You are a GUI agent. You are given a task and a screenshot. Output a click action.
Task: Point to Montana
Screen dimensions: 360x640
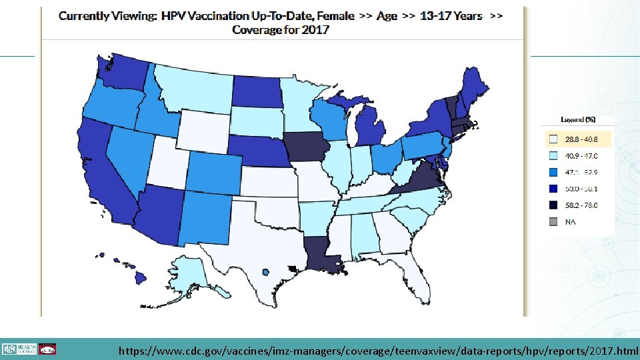(193, 90)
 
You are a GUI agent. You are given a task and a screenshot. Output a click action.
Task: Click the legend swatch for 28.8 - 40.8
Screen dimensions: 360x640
(552, 140)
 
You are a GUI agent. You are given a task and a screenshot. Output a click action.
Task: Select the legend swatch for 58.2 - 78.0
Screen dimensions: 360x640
(552, 205)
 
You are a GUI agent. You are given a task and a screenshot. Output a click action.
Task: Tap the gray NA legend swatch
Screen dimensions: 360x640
(552, 221)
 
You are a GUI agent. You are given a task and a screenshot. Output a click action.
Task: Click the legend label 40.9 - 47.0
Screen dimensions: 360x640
(581, 156)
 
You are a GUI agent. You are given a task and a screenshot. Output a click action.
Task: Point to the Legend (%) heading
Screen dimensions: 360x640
(577, 120)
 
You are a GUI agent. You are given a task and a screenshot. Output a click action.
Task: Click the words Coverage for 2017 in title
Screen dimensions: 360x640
(280, 30)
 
